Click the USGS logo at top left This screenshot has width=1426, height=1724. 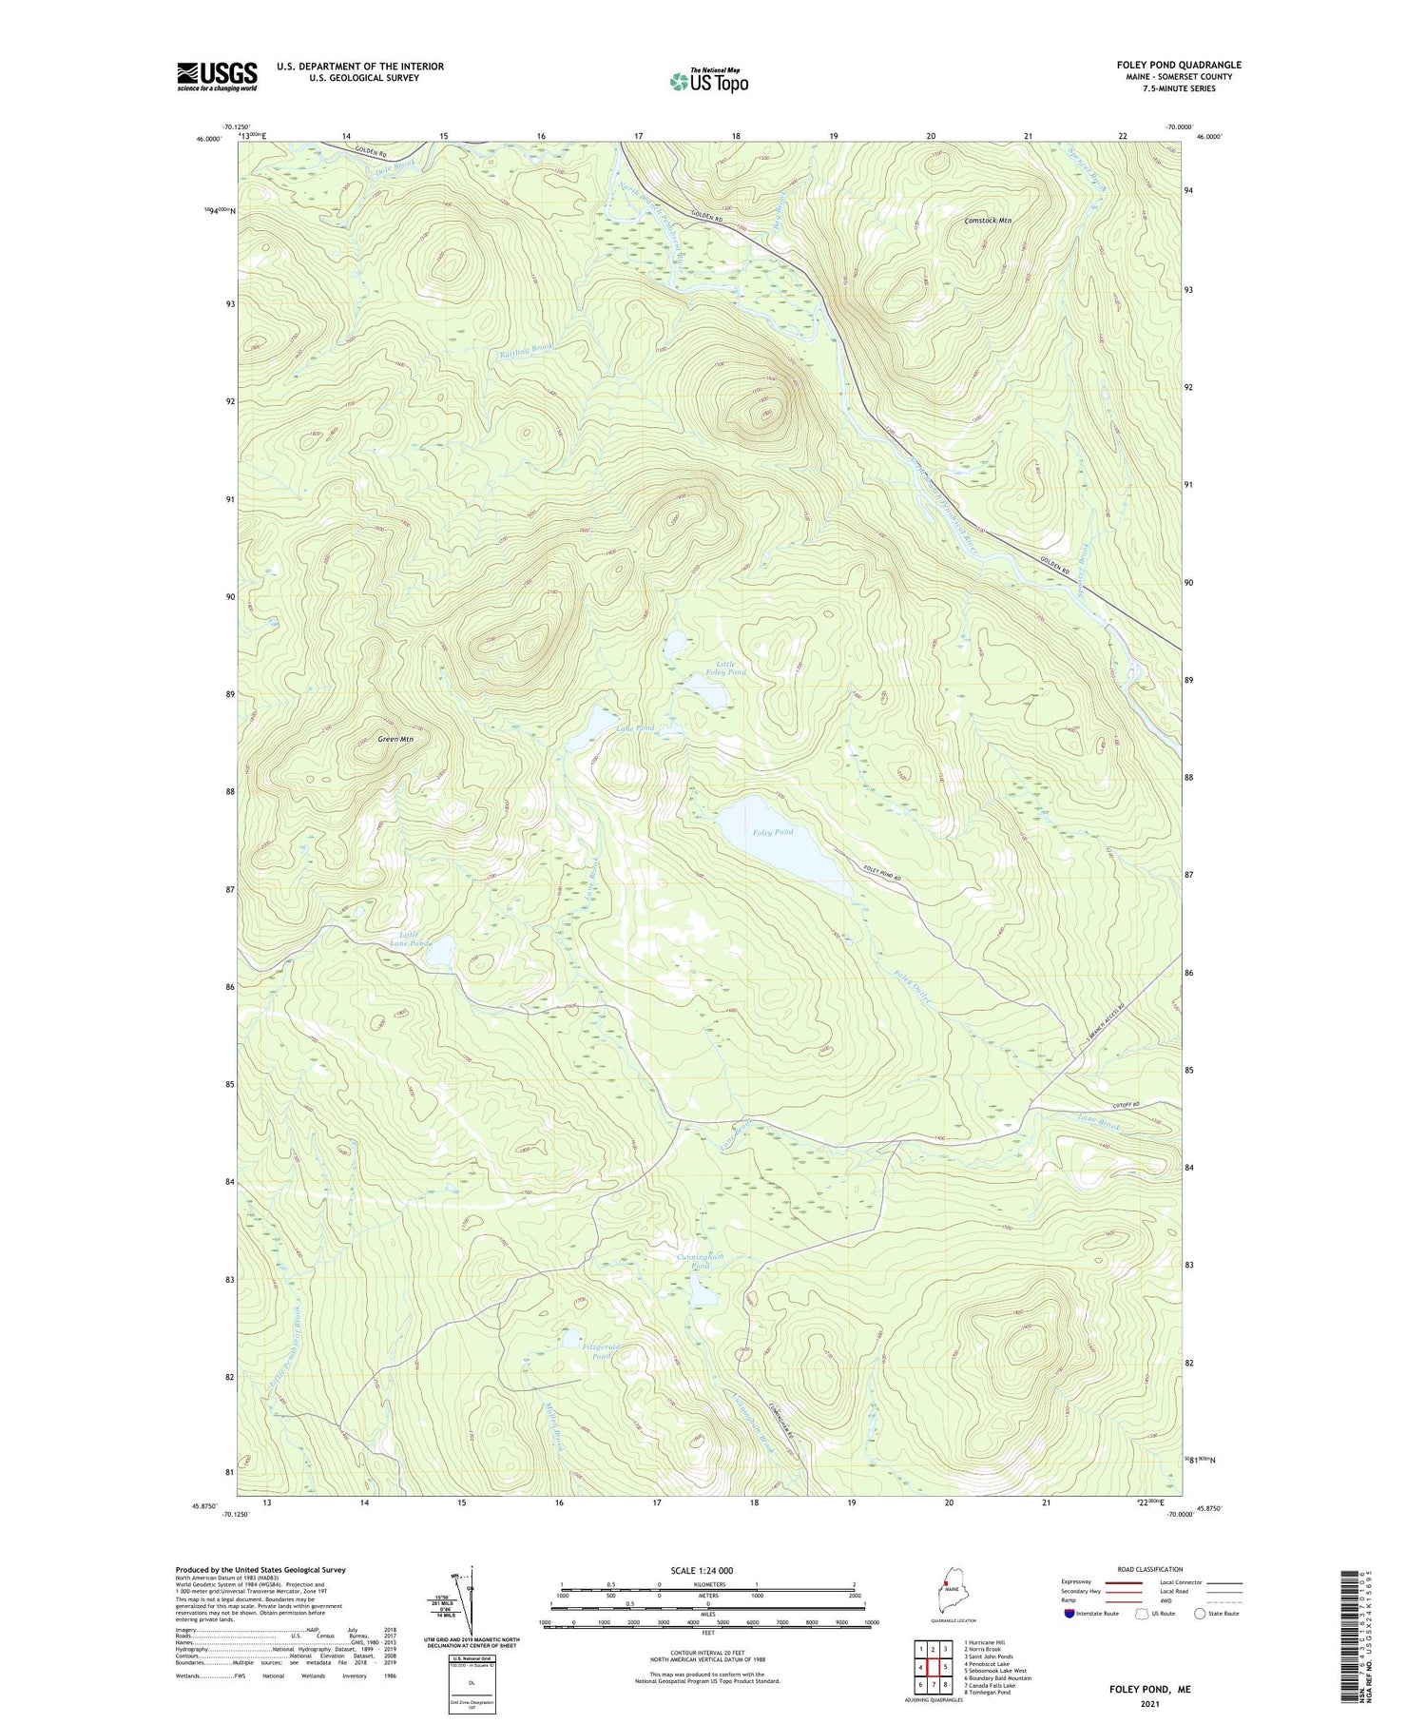click(217, 76)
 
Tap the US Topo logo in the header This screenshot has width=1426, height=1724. click(708, 81)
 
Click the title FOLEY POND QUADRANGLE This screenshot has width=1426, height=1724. click(1178, 65)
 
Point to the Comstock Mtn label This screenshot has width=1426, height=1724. click(988, 221)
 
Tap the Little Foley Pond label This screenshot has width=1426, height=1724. click(731, 668)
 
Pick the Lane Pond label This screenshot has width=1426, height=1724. click(635, 728)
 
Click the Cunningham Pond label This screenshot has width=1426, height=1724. click(701, 1261)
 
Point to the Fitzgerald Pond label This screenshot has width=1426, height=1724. click(594, 1351)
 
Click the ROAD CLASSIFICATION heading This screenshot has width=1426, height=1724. click(1150, 1568)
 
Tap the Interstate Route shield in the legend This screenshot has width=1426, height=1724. click(1070, 1613)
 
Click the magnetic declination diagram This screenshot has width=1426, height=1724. click(463, 1597)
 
